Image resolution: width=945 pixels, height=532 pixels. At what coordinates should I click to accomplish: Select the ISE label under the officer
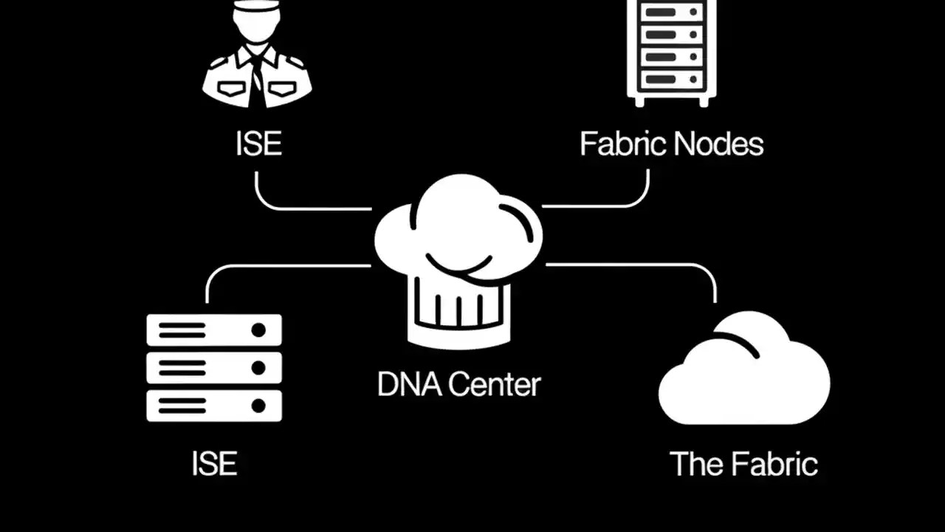tap(258, 143)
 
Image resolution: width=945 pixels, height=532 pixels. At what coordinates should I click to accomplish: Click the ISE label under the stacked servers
tap(214, 464)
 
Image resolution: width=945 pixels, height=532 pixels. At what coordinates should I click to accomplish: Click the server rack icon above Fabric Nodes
tap(671, 52)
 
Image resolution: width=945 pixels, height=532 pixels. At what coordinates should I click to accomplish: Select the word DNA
tap(409, 384)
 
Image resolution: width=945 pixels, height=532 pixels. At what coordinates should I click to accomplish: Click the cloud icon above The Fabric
tap(743, 373)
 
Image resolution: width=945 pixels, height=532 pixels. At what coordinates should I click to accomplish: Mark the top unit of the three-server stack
tap(214, 330)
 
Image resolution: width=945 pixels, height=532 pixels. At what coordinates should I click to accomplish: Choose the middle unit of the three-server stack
tap(214, 367)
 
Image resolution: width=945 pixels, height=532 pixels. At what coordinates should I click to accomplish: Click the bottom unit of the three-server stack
tap(214, 406)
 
